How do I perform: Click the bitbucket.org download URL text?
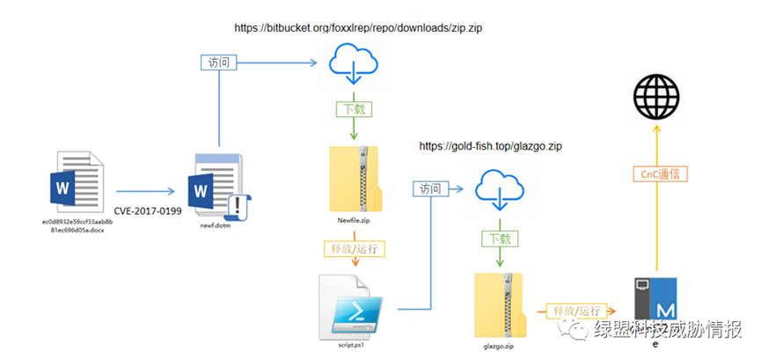(x=358, y=28)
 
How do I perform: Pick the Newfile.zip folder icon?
(x=355, y=177)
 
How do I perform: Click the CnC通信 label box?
(x=659, y=174)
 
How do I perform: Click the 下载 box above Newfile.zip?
(x=354, y=109)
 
